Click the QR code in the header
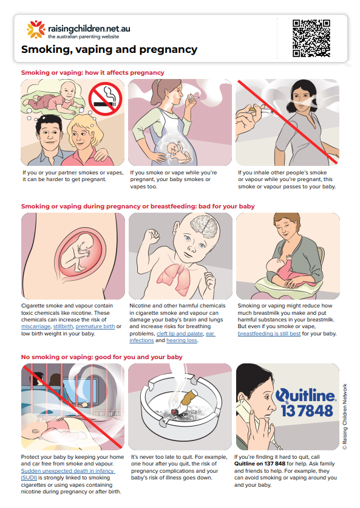311,38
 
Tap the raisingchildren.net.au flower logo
36,30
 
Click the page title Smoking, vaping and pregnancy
109,50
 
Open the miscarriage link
36,326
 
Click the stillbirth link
63,326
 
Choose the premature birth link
95,326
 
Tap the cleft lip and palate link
180,334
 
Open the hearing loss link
182,340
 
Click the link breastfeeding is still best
269,334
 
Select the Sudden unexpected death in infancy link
67,475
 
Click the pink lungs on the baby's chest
175,277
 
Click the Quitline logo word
305,395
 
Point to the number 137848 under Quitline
307,411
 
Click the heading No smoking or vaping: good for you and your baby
101,357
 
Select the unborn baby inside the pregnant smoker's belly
178,152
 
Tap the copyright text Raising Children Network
345,417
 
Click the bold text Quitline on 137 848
260,464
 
